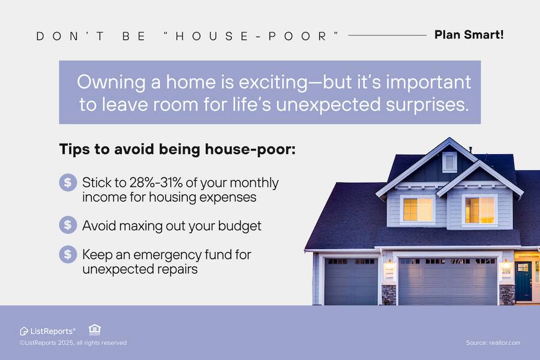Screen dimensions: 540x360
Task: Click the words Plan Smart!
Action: (x=469, y=35)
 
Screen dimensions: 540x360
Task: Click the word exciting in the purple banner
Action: (x=273, y=83)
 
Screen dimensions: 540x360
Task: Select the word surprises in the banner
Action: (x=427, y=105)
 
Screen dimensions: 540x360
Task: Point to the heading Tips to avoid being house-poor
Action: (x=178, y=149)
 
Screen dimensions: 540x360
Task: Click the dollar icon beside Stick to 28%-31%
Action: (x=68, y=182)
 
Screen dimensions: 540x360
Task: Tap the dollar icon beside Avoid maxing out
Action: (x=68, y=225)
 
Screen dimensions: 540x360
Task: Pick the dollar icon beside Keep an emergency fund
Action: (x=68, y=254)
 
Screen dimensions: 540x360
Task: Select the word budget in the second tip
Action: (x=239, y=226)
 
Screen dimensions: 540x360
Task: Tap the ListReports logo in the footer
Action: (x=47, y=331)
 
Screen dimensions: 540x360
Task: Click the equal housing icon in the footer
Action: (x=95, y=329)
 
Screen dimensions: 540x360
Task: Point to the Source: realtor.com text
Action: (x=493, y=343)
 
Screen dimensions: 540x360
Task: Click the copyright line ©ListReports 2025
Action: (x=73, y=343)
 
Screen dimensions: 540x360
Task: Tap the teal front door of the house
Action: (x=523, y=281)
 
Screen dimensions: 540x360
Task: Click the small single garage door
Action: (x=351, y=281)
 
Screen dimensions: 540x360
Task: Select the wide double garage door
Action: (x=448, y=281)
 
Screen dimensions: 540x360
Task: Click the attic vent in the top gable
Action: (x=449, y=161)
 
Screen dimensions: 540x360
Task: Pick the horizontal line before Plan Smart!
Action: (x=388, y=35)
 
